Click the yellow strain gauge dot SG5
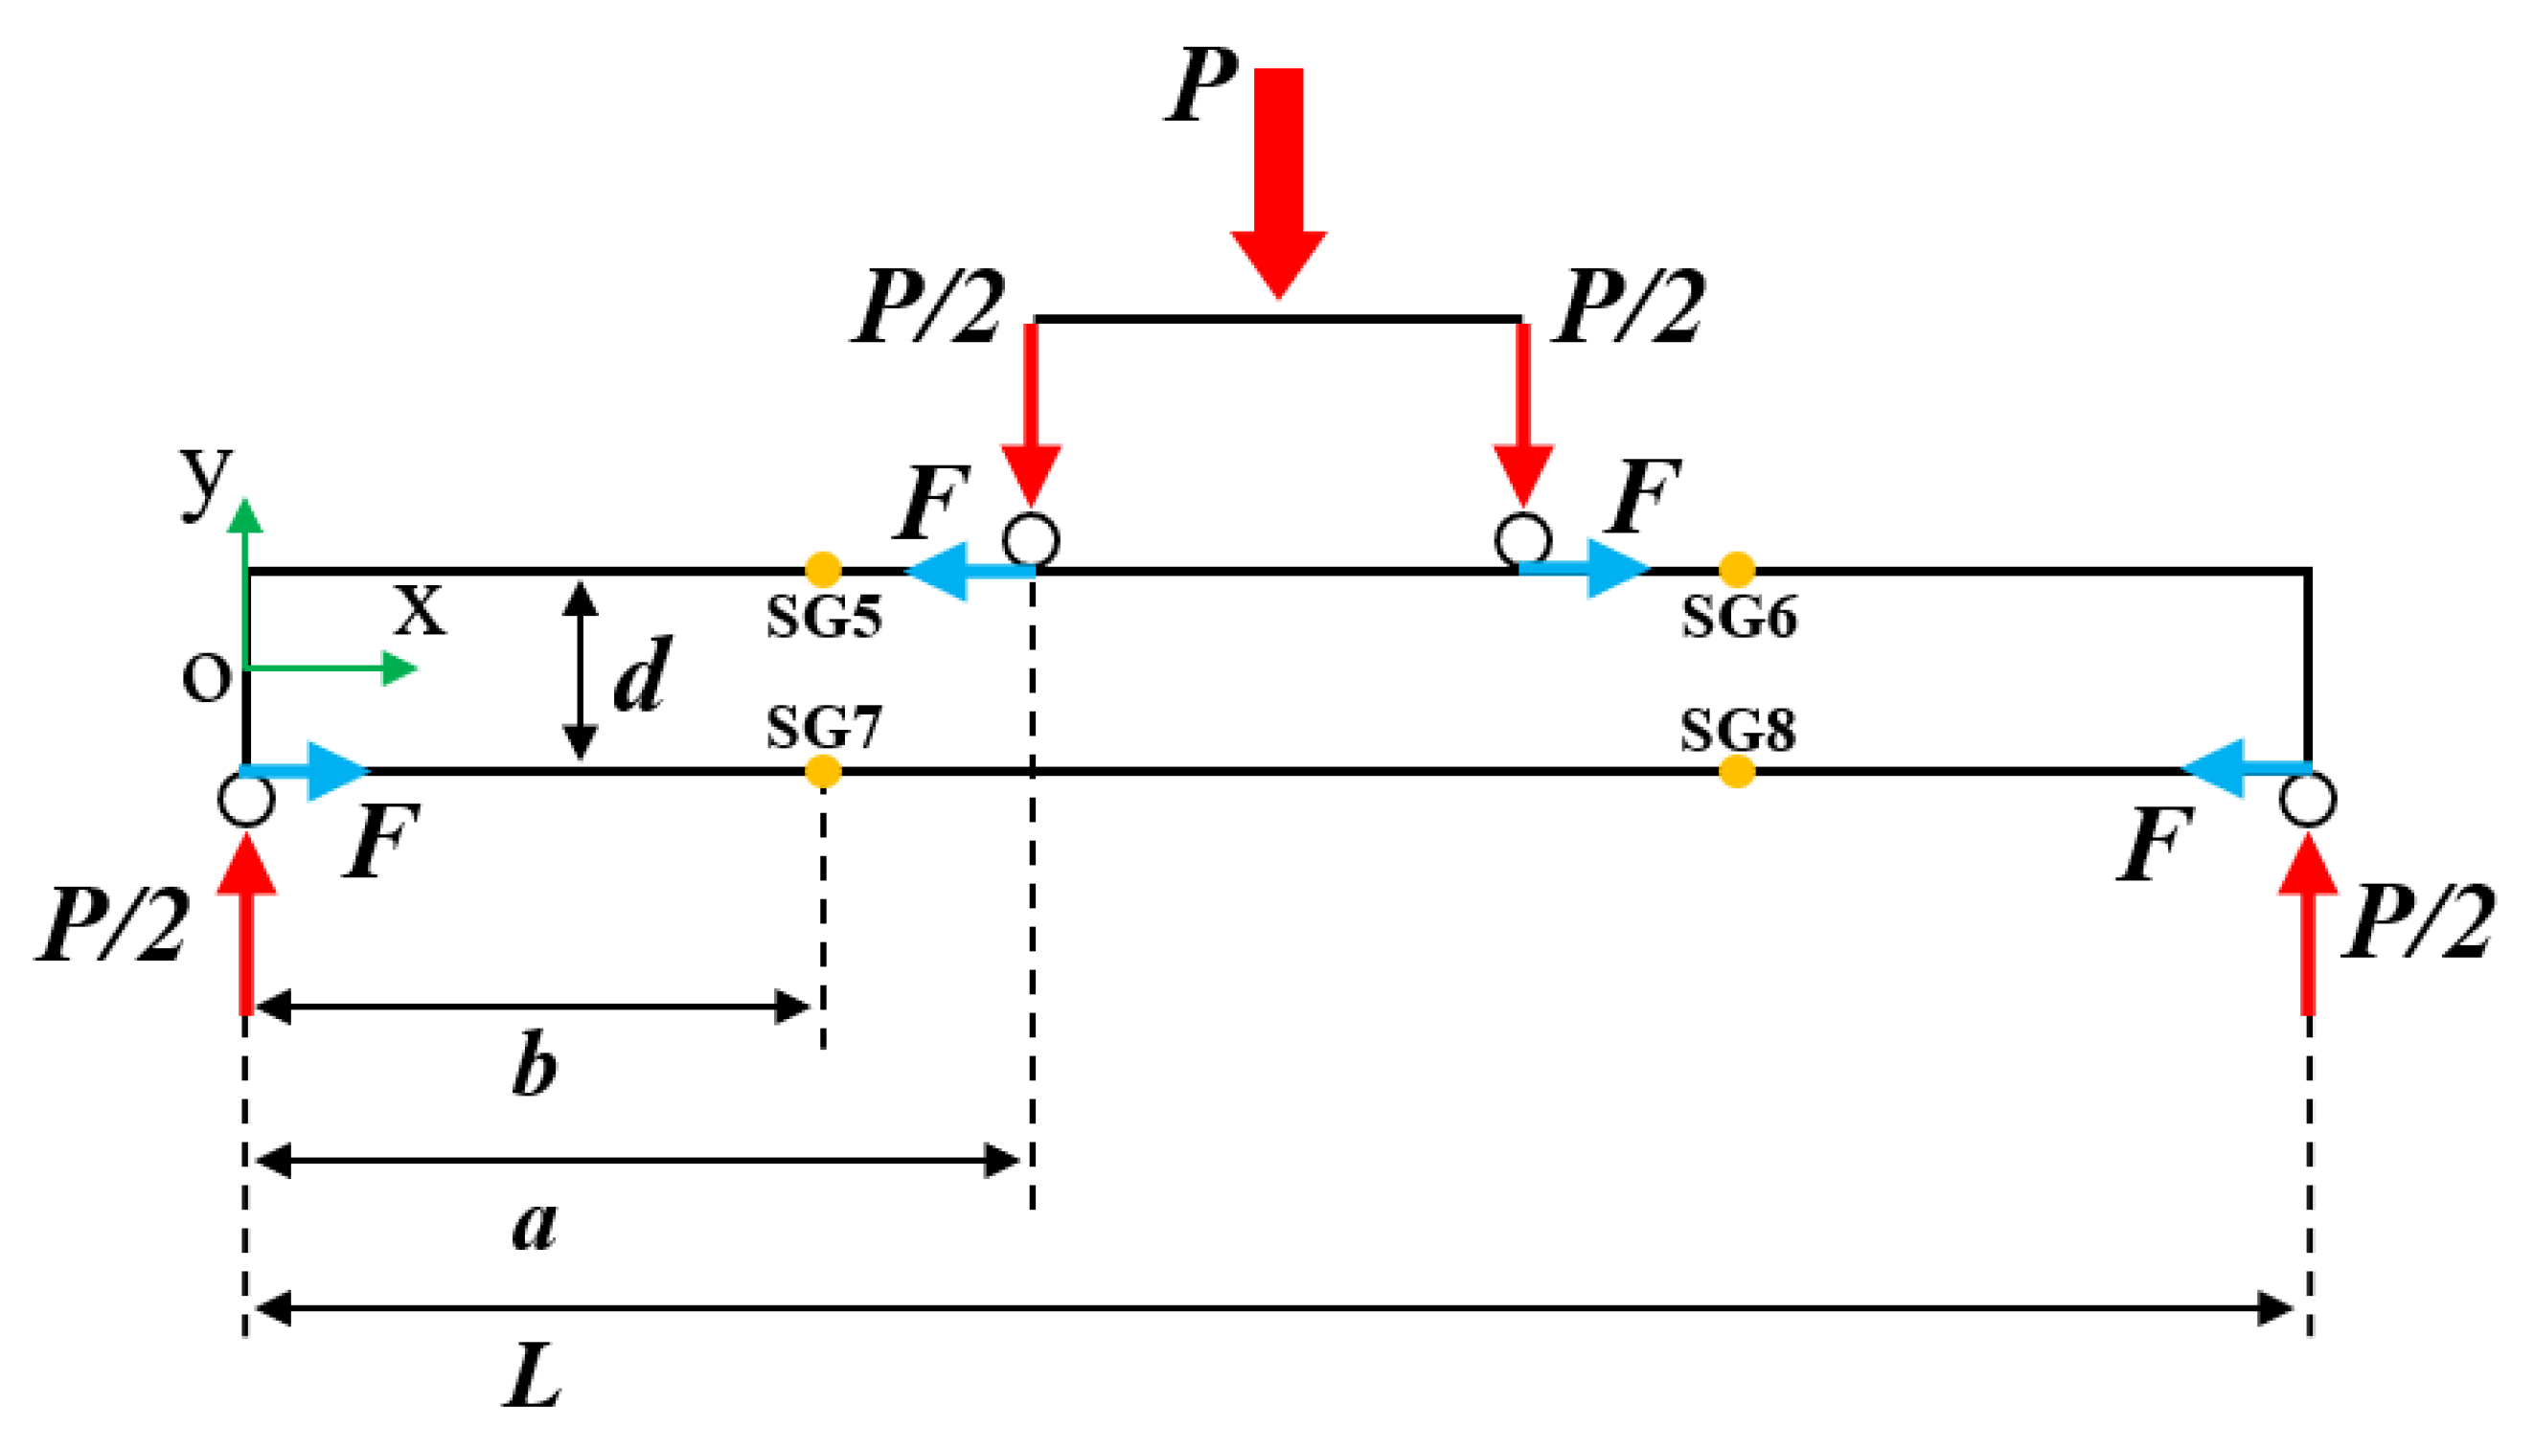823,570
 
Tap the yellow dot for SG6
1736,570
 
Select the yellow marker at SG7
823,771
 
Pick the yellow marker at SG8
1736,771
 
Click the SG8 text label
1738,730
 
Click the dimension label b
535,1066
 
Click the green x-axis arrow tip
403,668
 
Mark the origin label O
206,679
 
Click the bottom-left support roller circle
246,799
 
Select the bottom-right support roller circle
2308,799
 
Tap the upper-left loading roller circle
1031,540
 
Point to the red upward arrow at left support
246,921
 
